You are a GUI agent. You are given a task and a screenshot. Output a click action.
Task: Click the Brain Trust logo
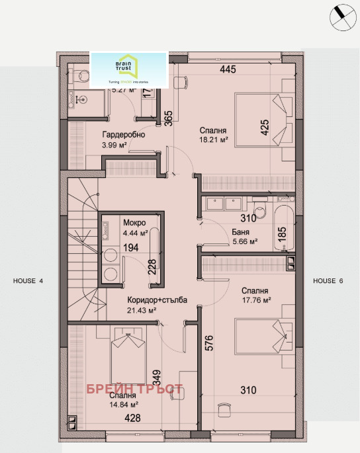pos(128,69)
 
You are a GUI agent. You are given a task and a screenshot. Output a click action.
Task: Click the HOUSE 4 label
pos(28,281)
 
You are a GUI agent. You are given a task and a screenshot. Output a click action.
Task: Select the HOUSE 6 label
pos(328,281)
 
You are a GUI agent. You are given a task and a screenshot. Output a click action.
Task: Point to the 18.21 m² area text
pos(214,140)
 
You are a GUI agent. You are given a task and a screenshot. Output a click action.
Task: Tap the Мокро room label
pos(134,222)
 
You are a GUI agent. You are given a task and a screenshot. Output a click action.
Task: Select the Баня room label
pos(241,232)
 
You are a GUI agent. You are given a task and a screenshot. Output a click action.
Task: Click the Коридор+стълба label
pos(157,300)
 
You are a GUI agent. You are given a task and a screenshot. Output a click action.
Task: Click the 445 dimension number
pos(228,69)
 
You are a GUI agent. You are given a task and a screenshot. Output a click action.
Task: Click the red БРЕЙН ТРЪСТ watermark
pos(134,390)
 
